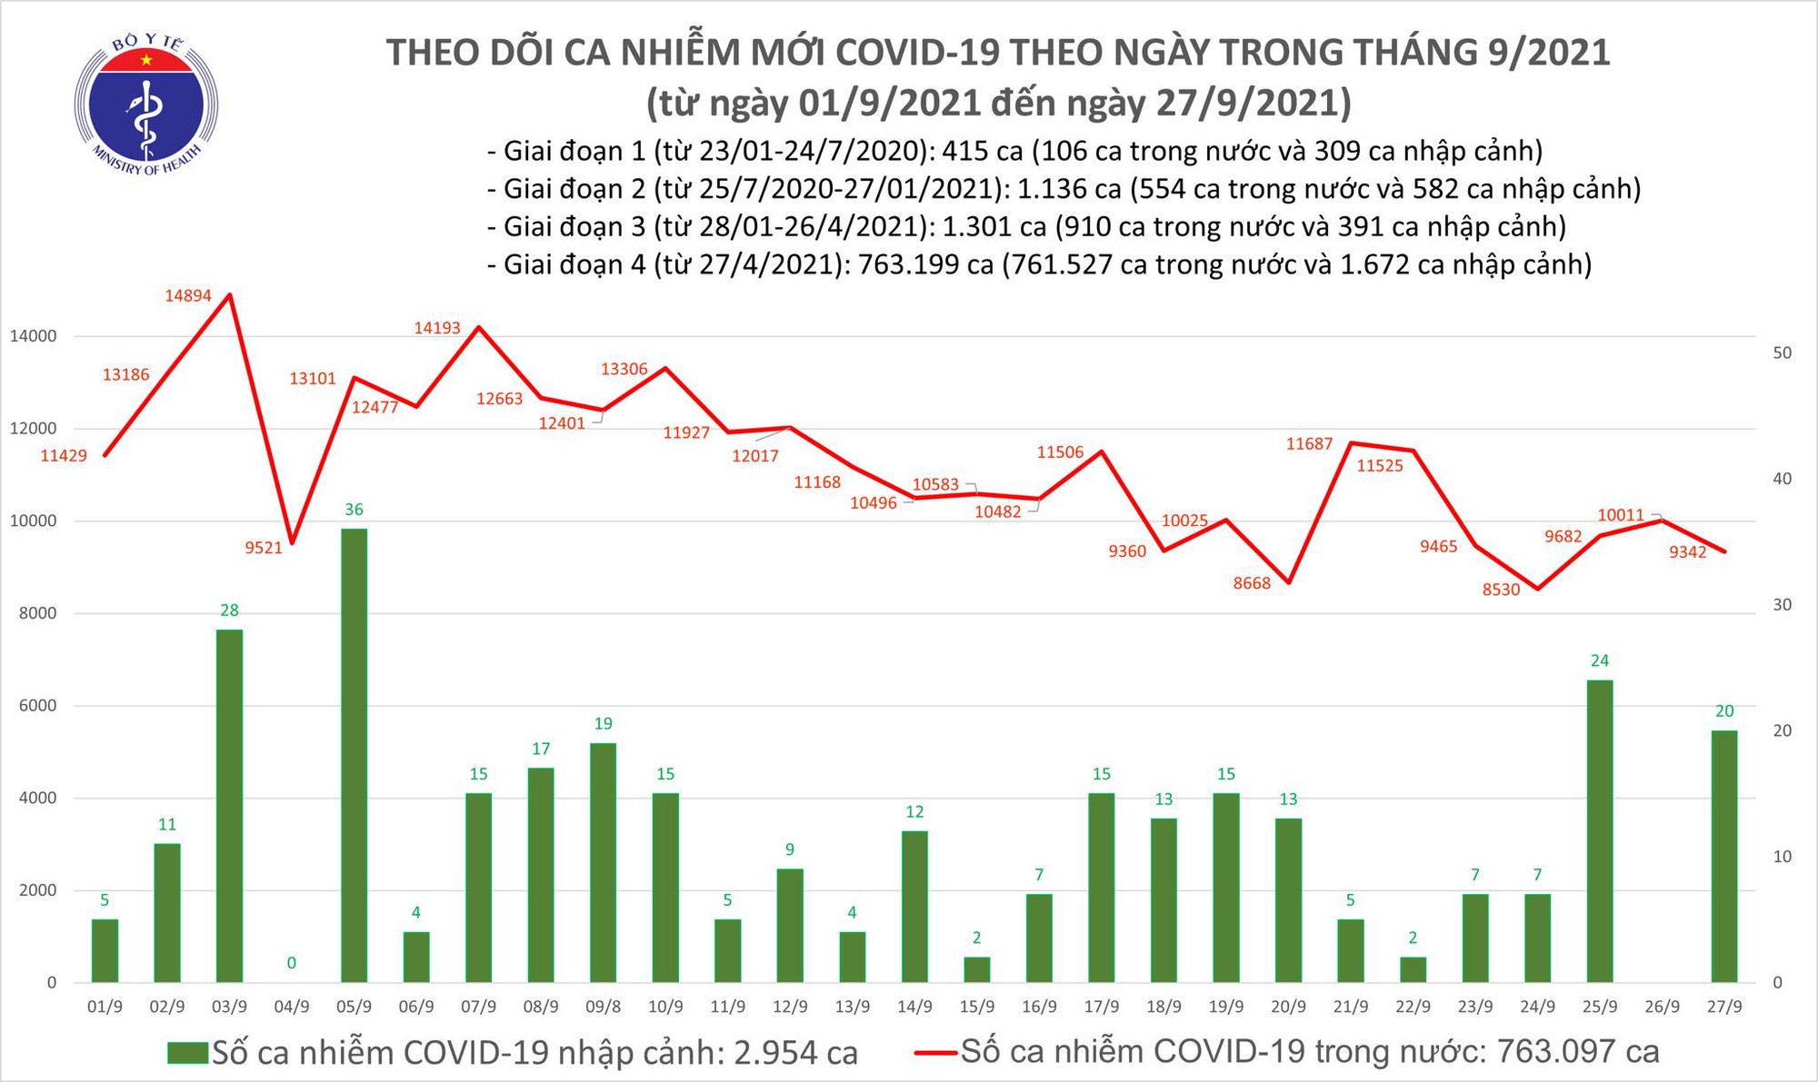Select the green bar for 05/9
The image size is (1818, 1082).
point(354,754)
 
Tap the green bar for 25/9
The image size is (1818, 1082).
point(1599,830)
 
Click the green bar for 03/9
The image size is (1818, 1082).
point(229,805)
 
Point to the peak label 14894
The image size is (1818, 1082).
point(188,296)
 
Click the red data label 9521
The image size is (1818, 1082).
point(264,548)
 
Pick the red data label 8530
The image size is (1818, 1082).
point(1501,590)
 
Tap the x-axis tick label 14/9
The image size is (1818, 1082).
point(914,1008)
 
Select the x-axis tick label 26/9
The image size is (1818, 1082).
point(1662,1008)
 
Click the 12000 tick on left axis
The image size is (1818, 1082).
point(34,429)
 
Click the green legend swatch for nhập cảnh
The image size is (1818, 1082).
point(188,1053)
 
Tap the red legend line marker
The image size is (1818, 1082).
point(935,1053)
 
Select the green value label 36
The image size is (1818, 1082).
point(354,510)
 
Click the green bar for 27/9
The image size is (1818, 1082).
point(1724,856)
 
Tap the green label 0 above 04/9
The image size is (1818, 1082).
point(291,963)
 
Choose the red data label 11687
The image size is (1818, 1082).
point(1309,444)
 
